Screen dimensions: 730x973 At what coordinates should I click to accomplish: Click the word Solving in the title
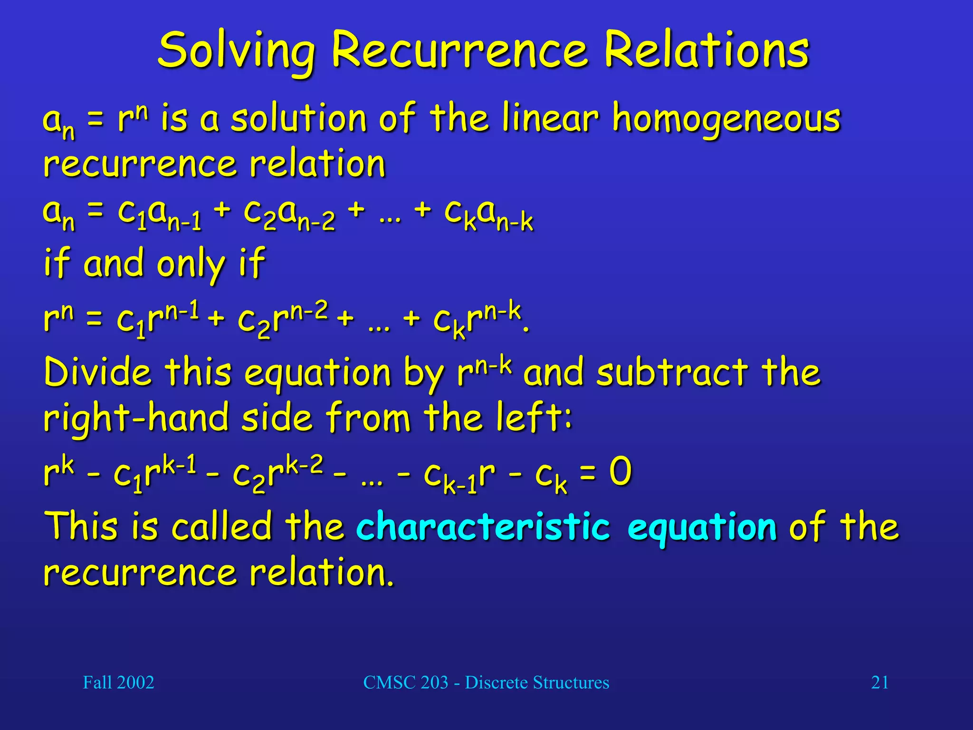coord(236,50)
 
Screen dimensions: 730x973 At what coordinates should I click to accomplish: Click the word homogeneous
coord(726,119)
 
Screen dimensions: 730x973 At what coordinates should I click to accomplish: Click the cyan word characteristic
coord(483,527)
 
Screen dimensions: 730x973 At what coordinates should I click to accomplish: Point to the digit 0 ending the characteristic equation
coord(620,471)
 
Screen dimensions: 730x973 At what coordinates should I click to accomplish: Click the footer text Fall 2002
coord(118,682)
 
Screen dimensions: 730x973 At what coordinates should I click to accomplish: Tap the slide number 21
coord(879,682)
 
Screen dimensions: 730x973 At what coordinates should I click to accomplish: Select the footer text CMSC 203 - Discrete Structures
coord(486,682)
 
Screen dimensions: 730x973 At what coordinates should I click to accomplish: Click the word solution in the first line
coord(298,119)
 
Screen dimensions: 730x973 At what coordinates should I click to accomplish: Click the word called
coord(221,527)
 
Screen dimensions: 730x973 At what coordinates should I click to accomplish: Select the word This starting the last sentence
coord(81,527)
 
